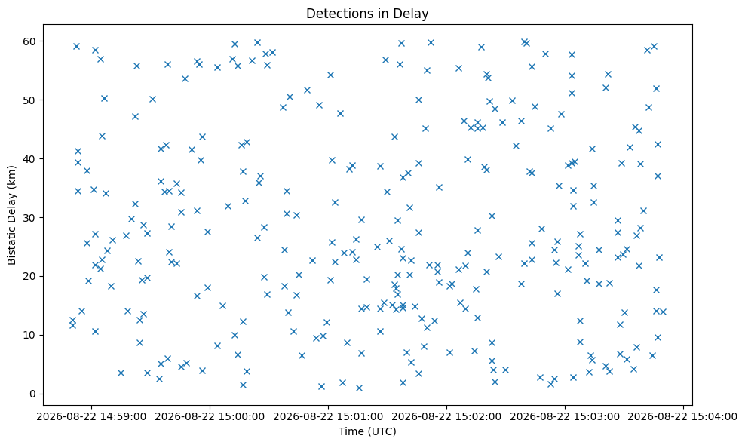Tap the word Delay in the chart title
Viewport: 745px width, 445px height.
pos(414,14)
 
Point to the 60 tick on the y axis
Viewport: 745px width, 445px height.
pos(30,41)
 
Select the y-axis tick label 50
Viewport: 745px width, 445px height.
pos(30,100)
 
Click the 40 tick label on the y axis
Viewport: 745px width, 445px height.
pos(30,159)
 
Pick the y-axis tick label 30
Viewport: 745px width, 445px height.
pos(30,218)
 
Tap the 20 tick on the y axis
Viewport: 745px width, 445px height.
pos(30,276)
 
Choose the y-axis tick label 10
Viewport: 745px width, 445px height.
pos(30,335)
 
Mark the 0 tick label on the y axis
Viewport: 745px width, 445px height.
pos(33,394)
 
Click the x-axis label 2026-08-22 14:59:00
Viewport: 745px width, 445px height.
pos(91,417)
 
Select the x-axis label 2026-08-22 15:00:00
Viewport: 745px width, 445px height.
pos(210,417)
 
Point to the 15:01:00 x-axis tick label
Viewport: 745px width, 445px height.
pos(328,417)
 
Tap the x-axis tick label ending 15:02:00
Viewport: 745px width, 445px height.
pos(446,417)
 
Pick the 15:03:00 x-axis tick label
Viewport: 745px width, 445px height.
pos(565,417)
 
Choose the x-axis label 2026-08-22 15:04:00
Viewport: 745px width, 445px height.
pos(683,417)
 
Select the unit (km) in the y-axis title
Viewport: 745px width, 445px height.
pos(12,176)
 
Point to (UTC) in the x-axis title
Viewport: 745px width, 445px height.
pos(379,431)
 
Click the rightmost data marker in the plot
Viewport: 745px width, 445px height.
pos(663,312)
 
